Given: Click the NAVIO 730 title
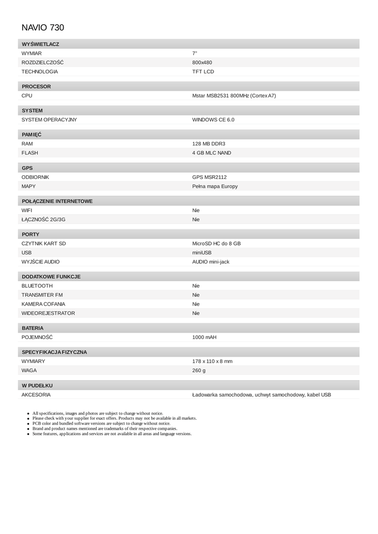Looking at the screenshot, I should pos(43,28).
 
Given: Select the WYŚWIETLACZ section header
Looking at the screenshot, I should pos(40,44).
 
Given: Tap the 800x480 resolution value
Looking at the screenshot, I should pos(202,63).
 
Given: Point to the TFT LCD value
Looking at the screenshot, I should pos(203,71).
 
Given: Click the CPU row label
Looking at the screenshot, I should pos(27,96).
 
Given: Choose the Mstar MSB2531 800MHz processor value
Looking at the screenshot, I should pos(234,96).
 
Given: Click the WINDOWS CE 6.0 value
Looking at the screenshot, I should pos(213,120).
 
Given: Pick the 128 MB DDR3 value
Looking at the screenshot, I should pos(209,144).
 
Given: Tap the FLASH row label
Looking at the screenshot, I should pos(30,153).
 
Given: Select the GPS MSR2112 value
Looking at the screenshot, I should pos(209,177).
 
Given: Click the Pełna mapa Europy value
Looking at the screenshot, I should pos(215,186).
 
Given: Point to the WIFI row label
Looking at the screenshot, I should pos(27,210).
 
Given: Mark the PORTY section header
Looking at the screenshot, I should pos(30,235).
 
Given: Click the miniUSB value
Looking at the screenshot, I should pos(202,252).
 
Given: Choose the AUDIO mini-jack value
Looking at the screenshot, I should pos(210,262).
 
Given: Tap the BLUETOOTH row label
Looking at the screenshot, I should pos(37,286).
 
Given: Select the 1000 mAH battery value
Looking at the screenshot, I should pos(204,337).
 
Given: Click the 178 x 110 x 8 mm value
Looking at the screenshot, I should pos(212,361).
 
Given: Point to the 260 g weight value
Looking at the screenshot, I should pos(199,370).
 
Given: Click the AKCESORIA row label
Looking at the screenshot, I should pos(36,395).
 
